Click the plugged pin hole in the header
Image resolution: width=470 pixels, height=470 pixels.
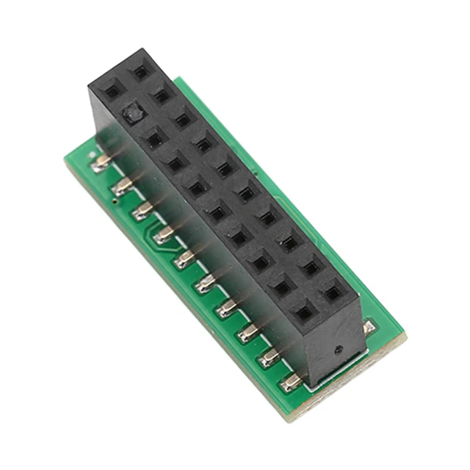[x=132, y=114]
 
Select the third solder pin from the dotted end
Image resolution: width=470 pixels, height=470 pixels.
[x=250, y=334]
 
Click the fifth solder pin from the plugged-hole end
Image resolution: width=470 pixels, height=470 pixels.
[x=184, y=258]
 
